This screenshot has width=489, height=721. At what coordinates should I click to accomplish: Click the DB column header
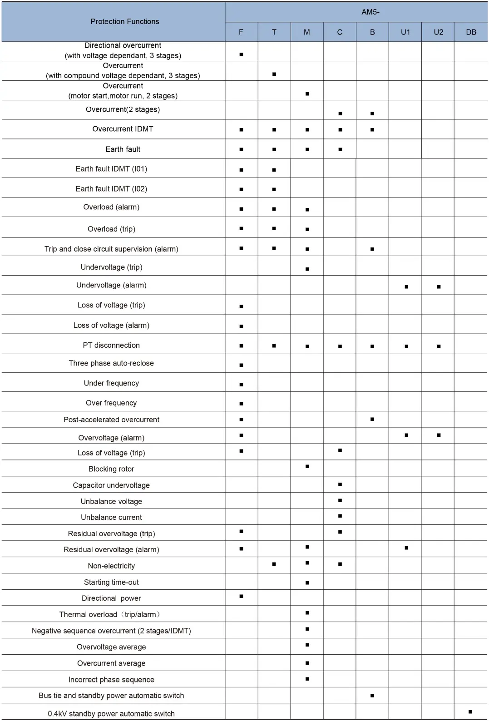click(x=471, y=32)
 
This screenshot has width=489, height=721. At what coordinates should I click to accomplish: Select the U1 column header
click(x=405, y=32)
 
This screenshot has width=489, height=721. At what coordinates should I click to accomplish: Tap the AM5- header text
click(x=370, y=12)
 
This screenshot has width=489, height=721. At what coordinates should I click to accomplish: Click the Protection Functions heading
click(x=125, y=21)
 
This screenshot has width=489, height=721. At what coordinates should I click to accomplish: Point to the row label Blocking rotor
click(x=111, y=469)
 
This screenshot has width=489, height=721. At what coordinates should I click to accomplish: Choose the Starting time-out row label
click(x=111, y=582)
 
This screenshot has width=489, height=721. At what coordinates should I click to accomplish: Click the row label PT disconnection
click(x=111, y=345)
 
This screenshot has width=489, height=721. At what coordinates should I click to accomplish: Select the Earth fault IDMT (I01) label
click(x=111, y=169)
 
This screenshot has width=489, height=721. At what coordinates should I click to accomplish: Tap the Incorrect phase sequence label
click(x=111, y=680)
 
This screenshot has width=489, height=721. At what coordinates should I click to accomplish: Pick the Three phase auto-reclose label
click(x=111, y=363)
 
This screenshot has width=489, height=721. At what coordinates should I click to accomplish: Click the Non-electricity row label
click(x=111, y=566)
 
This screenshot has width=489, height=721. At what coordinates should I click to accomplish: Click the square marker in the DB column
click(x=470, y=711)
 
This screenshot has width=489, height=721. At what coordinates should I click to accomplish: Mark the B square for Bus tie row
click(x=372, y=696)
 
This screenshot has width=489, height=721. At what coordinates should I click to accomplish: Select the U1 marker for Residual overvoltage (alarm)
click(x=406, y=548)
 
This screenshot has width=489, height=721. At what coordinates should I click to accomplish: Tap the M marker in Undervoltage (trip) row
click(x=307, y=269)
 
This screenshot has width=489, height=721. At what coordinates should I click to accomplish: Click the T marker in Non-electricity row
click(x=274, y=564)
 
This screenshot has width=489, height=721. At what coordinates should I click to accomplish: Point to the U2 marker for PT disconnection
click(x=439, y=346)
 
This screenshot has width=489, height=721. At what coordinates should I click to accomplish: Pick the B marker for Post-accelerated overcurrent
click(x=372, y=419)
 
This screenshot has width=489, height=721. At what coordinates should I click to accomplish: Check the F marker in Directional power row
click(x=241, y=596)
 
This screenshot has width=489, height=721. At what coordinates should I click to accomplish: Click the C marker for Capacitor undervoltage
click(x=340, y=484)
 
